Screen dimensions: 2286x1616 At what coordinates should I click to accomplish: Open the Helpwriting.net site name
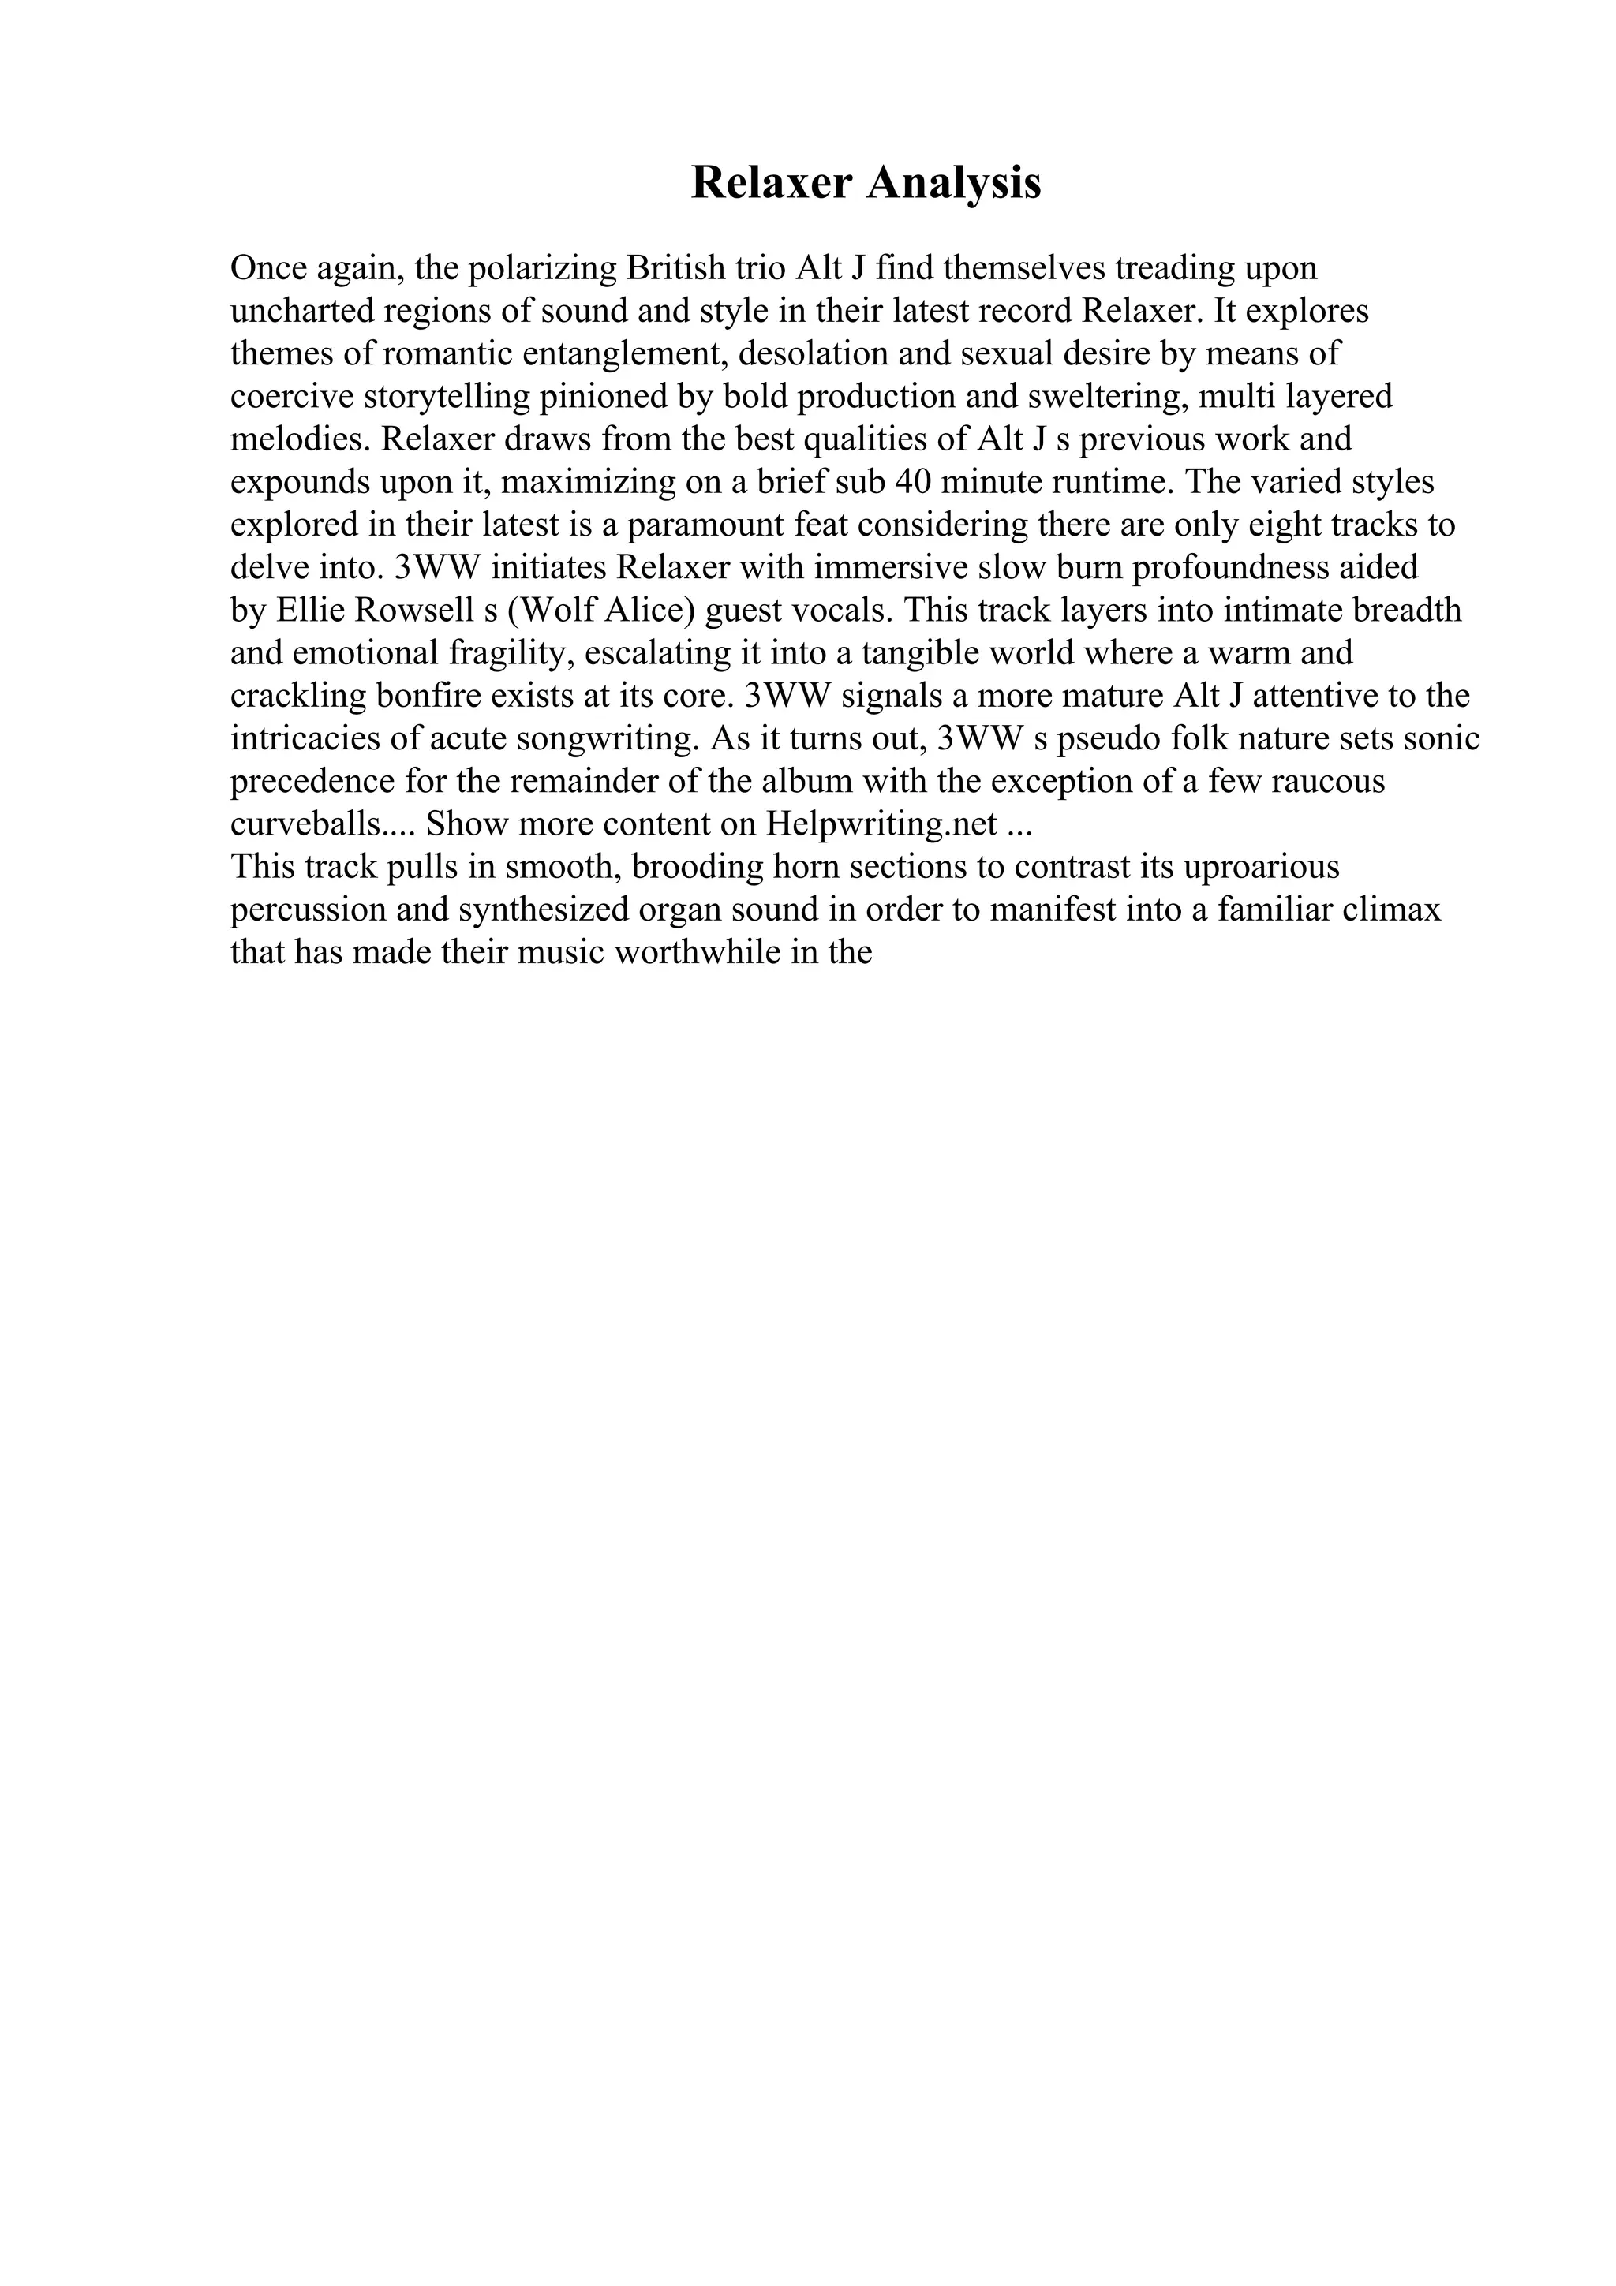(881, 824)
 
